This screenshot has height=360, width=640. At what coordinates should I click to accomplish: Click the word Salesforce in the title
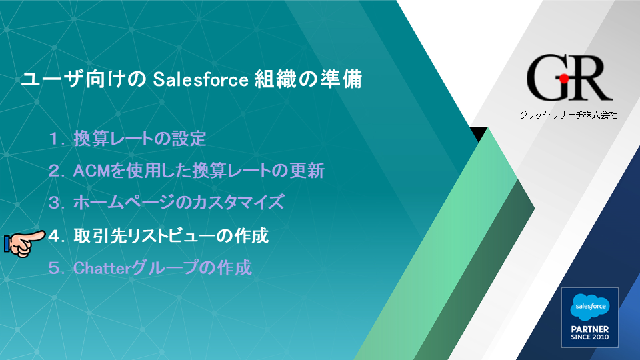pyautogui.click(x=201, y=79)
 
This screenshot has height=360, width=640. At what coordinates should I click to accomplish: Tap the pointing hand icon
pyautogui.click(x=25, y=243)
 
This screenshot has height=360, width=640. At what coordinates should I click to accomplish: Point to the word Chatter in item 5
pyautogui.click(x=101, y=268)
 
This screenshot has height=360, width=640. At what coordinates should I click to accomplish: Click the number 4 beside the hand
pyautogui.click(x=54, y=236)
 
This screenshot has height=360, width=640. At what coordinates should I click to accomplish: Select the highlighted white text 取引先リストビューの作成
pyautogui.click(x=171, y=236)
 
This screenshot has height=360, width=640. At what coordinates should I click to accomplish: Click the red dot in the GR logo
pyautogui.click(x=564, y=79)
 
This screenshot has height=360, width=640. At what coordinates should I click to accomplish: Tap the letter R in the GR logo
pyautogui.click(x=589, y=78)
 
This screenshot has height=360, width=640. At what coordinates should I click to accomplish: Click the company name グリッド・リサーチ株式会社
pyautogui.click(x=569, y=115)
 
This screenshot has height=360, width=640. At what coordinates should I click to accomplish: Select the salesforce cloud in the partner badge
pyautogui.click(x=590, y=307)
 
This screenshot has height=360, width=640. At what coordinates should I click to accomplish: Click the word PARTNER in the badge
pyautogui.click(x=590, y=329)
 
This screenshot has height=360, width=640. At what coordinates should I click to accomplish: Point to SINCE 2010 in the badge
pyautogui.click(x=590, y=337)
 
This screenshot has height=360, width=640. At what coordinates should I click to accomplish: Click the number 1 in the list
pyautogui.click(x=53, y=139)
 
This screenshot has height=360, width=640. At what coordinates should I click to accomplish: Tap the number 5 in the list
pyautogui.click(x=54, y=269)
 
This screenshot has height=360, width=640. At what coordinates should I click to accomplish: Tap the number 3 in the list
pyautogui.click(x=54, y=203)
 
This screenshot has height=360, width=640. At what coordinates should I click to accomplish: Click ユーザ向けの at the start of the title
pyautogui.click(x=84, y=79)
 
